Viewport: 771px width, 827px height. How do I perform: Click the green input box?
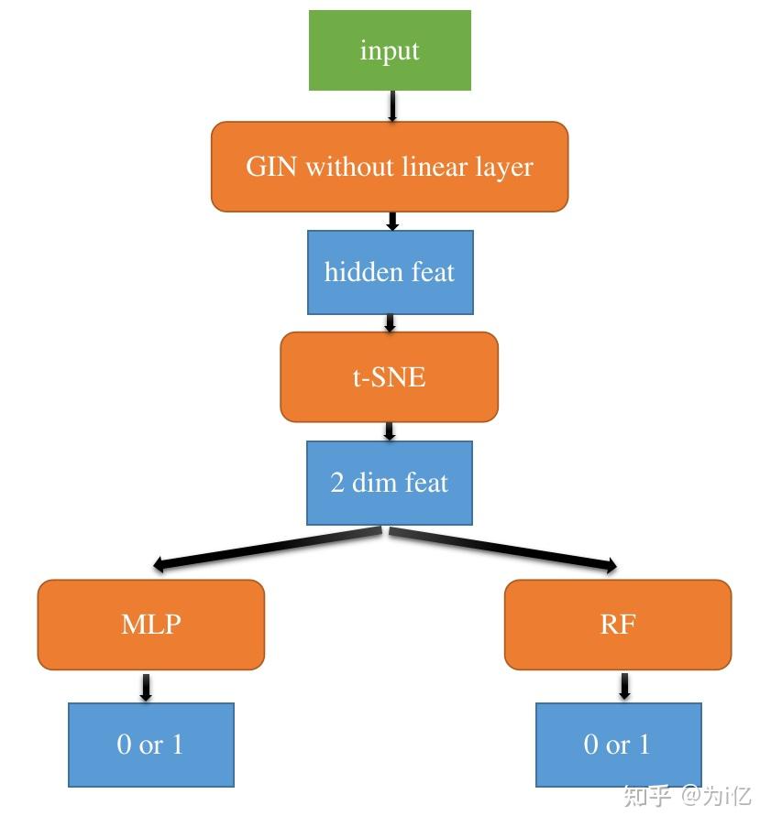tap(390, 50)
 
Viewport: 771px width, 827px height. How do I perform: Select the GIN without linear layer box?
tap(390, 167)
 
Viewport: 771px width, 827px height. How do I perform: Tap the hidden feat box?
tap(390, 272)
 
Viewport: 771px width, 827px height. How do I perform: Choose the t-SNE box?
tap(390, 376)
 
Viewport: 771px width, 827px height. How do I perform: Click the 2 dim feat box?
tap(390, 483)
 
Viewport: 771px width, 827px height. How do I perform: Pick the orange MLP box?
tap(151, 624)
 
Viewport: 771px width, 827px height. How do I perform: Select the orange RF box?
tap(618, 624)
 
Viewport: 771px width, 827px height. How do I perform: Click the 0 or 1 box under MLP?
tap(151, 745)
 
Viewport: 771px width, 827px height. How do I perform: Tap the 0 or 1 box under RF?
tap(618, 745)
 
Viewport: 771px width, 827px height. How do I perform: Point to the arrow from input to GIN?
tap(392, 106)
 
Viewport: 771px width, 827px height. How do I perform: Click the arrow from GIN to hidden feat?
tap(392, 221)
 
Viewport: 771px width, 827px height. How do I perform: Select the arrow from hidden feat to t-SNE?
tap(390, 322)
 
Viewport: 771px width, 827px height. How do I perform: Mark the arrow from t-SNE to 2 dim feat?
tap(390, 430)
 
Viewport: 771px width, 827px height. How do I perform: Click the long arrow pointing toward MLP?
tap(266, 548)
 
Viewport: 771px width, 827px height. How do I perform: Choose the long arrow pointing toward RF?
tap(504, 548)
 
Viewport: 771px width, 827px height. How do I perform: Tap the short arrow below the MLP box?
tap(145, 687)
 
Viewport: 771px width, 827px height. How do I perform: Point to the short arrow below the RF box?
tap(624, 687)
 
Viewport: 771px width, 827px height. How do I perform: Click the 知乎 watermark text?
tap(647, 795)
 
